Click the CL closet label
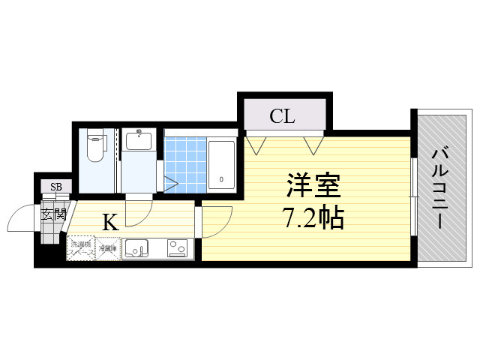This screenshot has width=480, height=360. (x=282, y=116)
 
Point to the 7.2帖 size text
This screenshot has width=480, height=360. (x=312, y=217)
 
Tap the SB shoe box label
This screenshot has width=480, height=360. (x=56, y=187)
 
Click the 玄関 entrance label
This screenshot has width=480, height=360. (x=54, y=214)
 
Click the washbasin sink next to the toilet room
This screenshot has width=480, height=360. (x=139, y=140)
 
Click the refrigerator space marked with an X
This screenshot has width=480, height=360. (x=107, y=247)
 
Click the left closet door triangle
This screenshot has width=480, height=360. (x=257, y=142)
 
